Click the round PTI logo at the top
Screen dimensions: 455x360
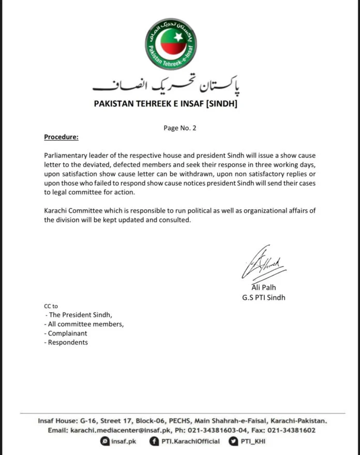tap(181, 42)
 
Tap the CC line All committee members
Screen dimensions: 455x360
tap(85, 324)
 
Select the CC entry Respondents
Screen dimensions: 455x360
tap(68, 342)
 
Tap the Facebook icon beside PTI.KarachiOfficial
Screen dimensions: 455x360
tap(154, 442)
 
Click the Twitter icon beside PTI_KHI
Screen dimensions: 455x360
tap(234, 442)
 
